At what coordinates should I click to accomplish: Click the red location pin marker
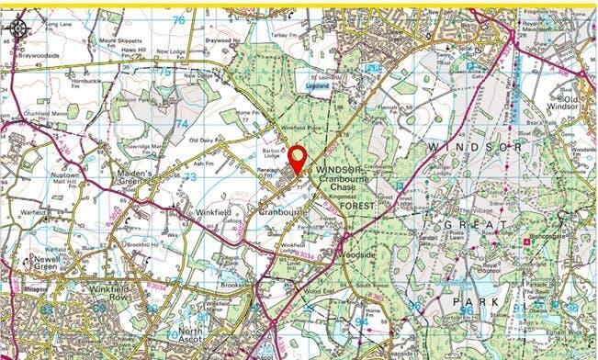298,158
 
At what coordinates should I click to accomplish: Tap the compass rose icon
17,27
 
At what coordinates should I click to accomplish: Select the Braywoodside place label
38,54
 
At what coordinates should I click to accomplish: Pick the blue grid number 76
177,19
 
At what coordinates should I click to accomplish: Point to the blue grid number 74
182,123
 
